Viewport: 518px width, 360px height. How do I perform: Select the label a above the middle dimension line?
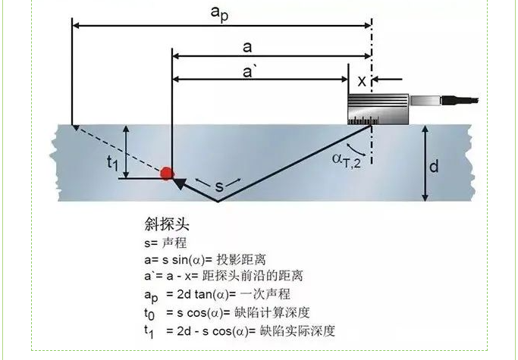(246, 47)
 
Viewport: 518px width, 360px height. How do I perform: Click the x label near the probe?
(361, 80)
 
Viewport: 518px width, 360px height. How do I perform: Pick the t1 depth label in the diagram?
(112, 161)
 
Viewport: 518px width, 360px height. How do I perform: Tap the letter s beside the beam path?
(218, 184)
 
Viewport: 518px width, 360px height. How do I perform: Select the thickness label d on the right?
(434, 166)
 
